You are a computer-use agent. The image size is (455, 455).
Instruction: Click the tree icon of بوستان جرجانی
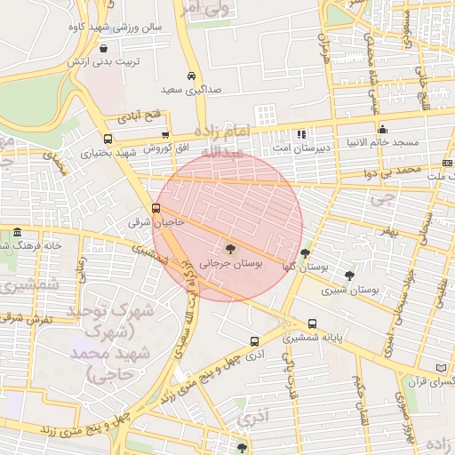coord(231,249)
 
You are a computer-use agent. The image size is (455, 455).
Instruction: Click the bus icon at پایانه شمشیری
coord(311,324)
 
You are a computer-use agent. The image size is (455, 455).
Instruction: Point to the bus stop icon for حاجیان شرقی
coord(156,208)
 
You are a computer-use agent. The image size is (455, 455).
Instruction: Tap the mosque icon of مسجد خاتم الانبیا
coord(382,129)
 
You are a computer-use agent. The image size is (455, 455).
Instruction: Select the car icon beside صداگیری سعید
coord(192,76)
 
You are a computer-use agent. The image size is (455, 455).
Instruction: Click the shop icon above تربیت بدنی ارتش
coord(106,49)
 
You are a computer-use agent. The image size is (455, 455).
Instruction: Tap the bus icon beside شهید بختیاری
coord(108,139)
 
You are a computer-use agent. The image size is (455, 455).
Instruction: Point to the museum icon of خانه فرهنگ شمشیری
coord(17,233)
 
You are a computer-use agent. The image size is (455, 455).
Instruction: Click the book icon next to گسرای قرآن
coord(442,368)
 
